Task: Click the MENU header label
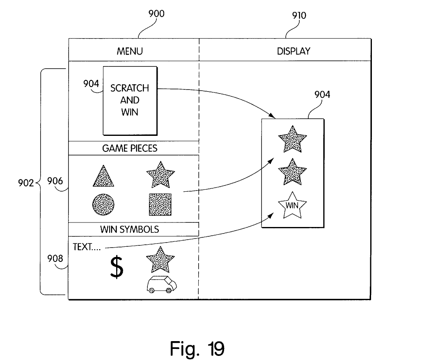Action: (130, 51)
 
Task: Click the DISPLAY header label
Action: (293, 51)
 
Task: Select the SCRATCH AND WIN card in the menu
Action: (130, 100)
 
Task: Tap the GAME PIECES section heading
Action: (130, 148)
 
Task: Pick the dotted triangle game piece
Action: (103, 177)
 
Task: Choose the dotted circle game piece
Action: (103, 204)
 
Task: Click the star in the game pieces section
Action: (160, 175)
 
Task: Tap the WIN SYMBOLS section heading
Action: (130, 229)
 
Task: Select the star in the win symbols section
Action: (160, 260)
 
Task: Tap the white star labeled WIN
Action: (292, 205)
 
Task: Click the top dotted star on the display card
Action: (292, 139)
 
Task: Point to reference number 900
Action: (156, 14)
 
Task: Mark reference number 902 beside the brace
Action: (25, 183)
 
